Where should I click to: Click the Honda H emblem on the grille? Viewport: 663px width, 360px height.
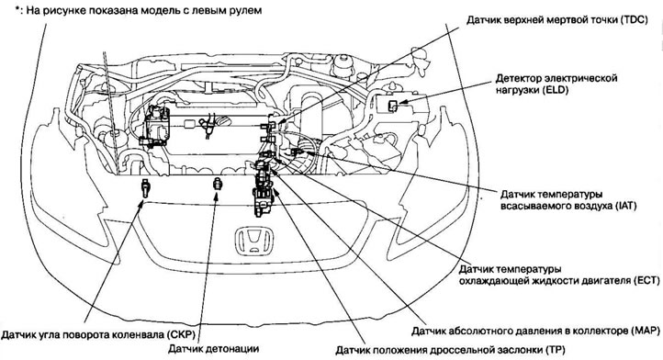coord(248,241)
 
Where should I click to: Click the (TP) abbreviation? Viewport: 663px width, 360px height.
coord(531,350)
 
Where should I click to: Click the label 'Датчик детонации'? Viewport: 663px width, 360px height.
coord(213,349)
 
